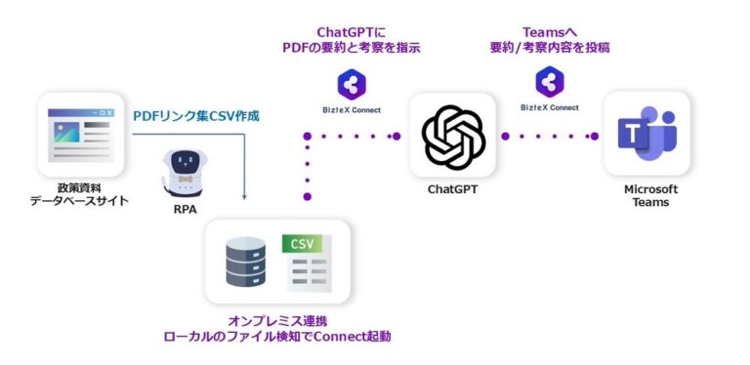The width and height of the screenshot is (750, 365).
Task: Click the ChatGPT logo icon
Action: pyautogui.click(x=452, y=138)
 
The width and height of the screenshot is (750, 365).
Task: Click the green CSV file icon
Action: pyautogui.click(x=308, y=261)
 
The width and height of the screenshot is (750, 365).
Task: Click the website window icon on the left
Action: pyautogui.click(x=80, y=135)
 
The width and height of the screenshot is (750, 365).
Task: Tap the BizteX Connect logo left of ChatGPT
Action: pyautogui.click(x=351, y=85)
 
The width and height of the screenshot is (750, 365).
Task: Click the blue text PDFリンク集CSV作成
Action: pyautogui.click(x=196, y=115)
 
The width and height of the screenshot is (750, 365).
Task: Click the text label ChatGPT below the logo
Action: pyautogui.click(x=452, y=189)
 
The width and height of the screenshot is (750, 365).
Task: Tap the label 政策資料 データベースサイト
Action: pyautogui.click(x=80, y=194)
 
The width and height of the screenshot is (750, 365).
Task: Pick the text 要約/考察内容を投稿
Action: pyautogui.click(x=550, y=50)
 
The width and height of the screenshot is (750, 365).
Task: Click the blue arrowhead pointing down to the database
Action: pyautogui.click(x=244, y=196)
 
